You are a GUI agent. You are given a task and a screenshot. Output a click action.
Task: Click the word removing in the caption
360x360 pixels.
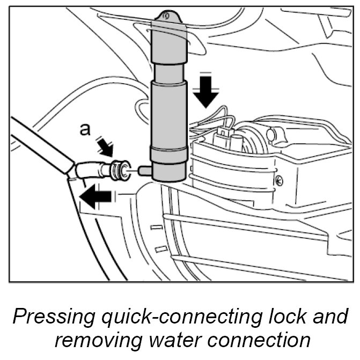[x=86, y=340]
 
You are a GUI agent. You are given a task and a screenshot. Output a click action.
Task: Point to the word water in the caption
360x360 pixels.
[x=166, y=340]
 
